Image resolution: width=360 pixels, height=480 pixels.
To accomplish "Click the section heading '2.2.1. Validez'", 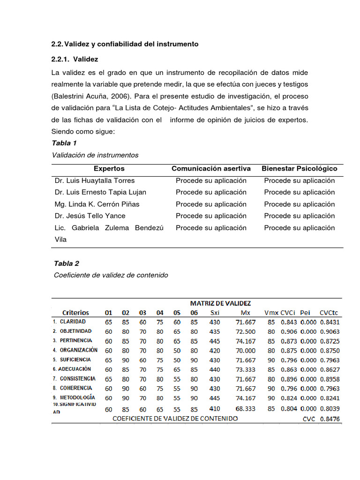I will coord(75,60).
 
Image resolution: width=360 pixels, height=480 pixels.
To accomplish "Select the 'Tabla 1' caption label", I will coord(64,143).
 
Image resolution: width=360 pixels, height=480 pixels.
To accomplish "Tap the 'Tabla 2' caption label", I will coord(67,263).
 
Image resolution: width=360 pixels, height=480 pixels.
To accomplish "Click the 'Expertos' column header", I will coord(109,169).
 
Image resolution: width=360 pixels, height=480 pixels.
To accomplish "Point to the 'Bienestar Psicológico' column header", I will coord(299,169).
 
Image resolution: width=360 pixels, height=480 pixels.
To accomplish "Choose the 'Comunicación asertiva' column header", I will coord(211,169).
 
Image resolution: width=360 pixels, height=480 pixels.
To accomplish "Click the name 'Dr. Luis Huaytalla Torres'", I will coord(95,180).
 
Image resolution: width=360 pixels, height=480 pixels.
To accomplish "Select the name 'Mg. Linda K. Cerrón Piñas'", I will coord(97,204).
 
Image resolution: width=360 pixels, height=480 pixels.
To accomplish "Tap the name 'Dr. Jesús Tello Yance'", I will coord(90,216).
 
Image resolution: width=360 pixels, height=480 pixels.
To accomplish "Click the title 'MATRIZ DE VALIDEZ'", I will coord(220,303).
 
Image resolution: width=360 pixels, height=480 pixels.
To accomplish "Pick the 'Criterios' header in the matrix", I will coord(75,313).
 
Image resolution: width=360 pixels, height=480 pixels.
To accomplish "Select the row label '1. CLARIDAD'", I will coord(69,322).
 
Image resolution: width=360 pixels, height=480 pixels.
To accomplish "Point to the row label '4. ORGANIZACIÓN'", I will coord(75,350).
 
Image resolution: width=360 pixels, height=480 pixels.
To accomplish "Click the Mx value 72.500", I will coord(246,331).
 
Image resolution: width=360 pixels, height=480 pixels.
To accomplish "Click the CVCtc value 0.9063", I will coord(330,331).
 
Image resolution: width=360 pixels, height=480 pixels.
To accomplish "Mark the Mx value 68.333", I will coord(246,409).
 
